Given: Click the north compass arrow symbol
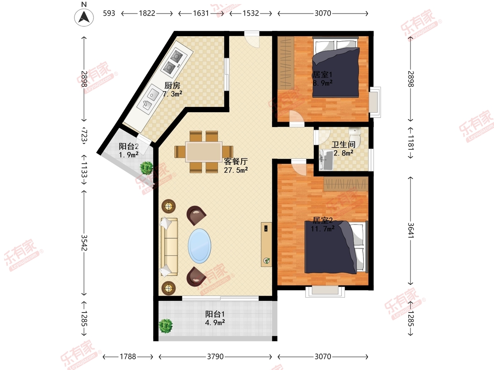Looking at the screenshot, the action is coord(84,18).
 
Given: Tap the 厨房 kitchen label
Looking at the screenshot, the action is coord(172,86).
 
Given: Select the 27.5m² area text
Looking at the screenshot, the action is coord(236,170).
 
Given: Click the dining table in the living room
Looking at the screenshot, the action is coord(204,152).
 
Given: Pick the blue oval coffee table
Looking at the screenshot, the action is coord(199,246).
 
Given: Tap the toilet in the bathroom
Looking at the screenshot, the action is coord(355,137).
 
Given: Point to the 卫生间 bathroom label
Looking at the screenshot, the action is coord(343,145).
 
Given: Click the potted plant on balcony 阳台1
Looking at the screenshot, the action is coord(165,326).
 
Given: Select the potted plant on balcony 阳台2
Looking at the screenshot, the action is coord(147,168).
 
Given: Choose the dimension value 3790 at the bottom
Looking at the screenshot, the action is coord(215,356).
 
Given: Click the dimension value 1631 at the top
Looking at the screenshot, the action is coord(201,13).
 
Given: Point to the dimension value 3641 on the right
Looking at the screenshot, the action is coord(411,230).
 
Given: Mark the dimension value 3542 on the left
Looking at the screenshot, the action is coord(84,243).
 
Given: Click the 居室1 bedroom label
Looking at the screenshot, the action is coord(322,74).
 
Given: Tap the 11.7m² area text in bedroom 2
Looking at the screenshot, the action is coord(322,229).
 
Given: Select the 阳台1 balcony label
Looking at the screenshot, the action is coord(215,314).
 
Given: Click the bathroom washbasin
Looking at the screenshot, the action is coord(326,160).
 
